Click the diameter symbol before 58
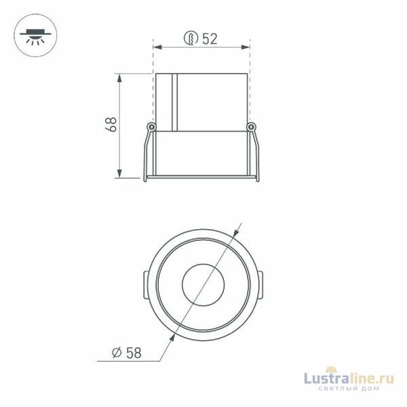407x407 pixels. click(x=115, y=353)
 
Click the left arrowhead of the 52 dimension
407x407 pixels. click(x=157, y=47)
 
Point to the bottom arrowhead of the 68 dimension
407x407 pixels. click(x=120, y=174)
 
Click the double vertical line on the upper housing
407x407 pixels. click(x=174, y=102)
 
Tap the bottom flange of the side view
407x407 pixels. click(x=201, y=180)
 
